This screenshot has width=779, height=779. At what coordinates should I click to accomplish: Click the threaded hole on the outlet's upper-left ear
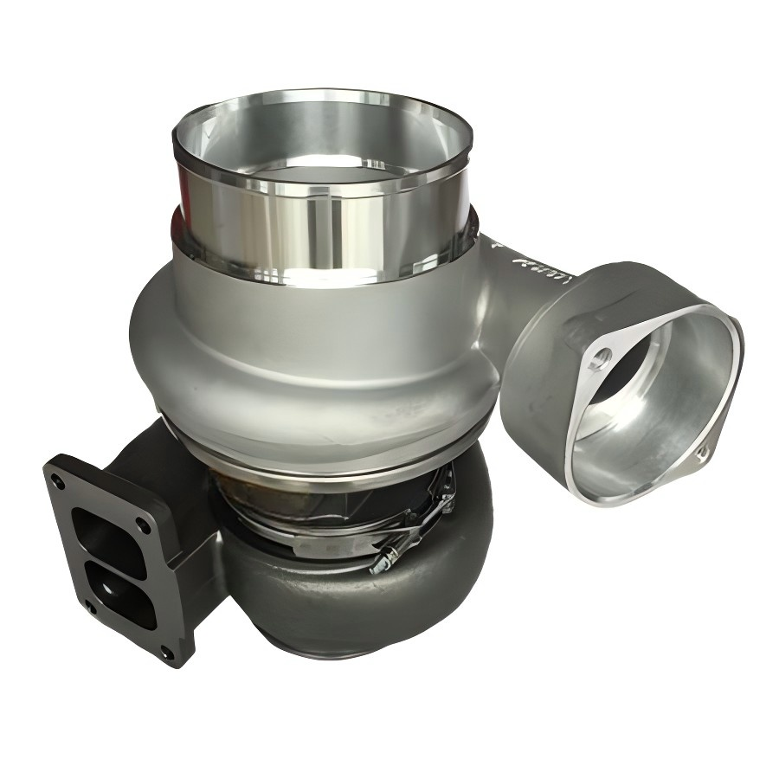point(603,357)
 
